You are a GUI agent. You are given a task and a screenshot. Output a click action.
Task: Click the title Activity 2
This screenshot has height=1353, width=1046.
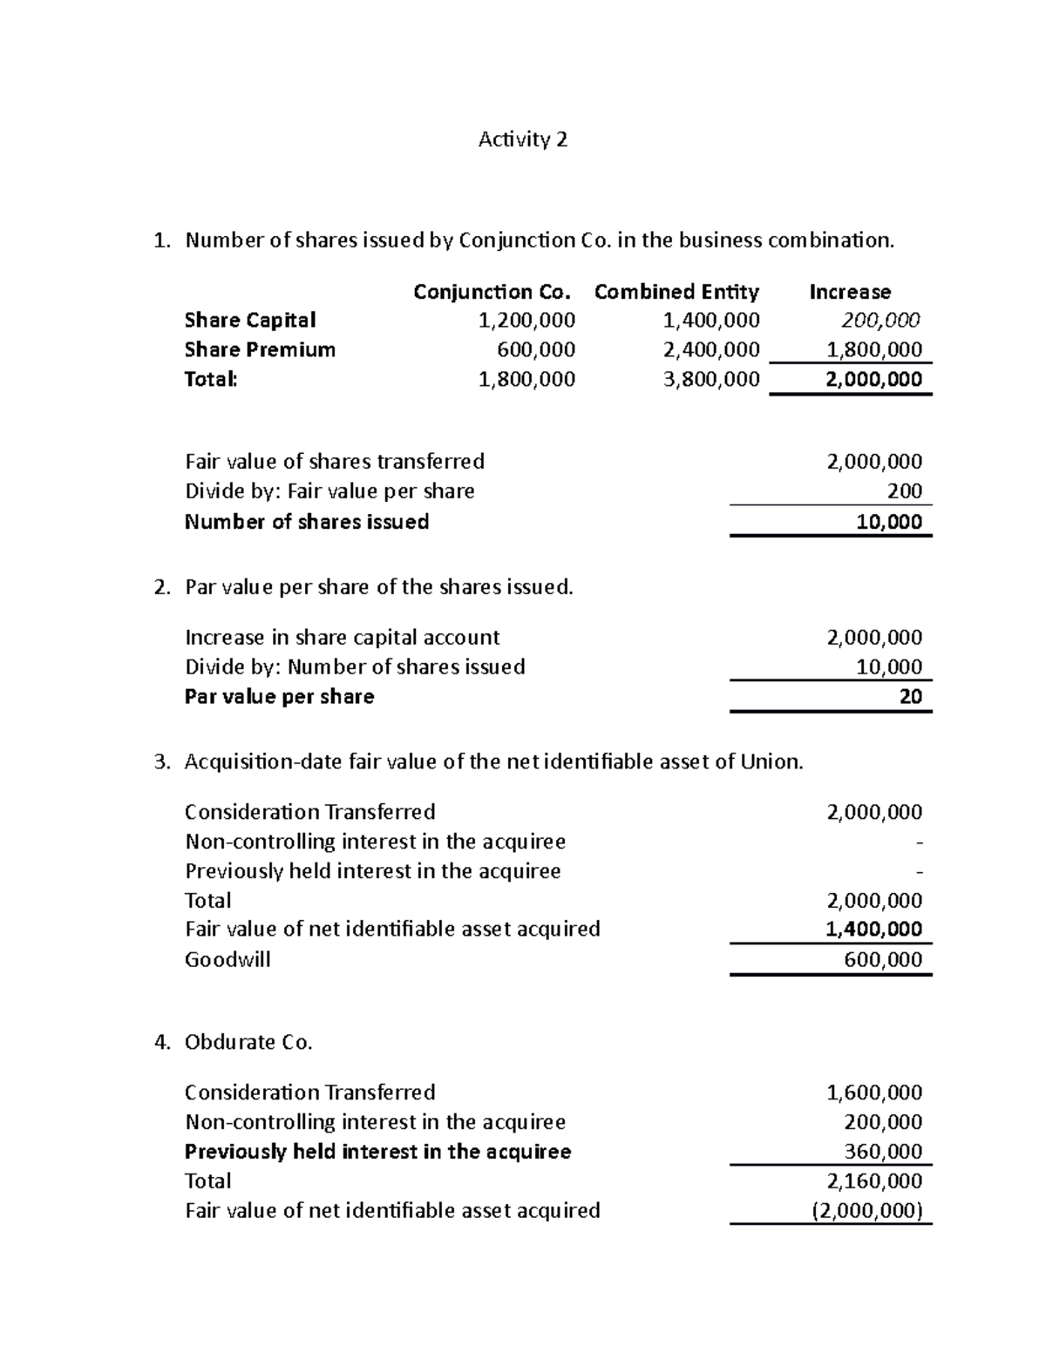click(x=522, y=139)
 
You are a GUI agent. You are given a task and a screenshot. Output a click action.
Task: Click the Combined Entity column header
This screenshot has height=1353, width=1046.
click(x=676, y=292)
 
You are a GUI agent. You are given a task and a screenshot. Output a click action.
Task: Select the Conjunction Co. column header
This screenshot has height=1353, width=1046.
click(x=492, y=292)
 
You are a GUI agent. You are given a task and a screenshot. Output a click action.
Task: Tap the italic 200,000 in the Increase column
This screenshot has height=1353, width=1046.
click(x=880, y=321)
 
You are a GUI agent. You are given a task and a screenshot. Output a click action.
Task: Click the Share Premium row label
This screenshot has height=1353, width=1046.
click(x=260, y=350)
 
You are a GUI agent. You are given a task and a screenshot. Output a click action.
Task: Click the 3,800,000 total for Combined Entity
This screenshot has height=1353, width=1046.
click(x=711, y=379)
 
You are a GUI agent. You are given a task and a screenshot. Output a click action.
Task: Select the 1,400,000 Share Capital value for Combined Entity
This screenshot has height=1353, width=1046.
click(x=711, y=321)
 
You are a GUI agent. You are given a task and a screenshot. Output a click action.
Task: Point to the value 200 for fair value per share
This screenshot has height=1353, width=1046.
click(x=904, y=491)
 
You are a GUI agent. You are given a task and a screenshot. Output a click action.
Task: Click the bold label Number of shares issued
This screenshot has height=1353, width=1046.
click(x=307, y=522)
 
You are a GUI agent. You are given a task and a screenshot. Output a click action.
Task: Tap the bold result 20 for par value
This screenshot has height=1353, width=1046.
click(x=910, y=696)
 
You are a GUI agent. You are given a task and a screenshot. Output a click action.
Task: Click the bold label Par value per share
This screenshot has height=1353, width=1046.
click(x=279, y=697)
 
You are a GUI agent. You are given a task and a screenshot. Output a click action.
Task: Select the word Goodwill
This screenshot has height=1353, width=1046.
click(x=228, y=959)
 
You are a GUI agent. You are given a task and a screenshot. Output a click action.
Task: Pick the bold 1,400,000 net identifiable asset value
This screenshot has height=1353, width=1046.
click(x=873, y=929)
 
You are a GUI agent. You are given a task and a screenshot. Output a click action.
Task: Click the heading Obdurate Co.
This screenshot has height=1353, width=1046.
click(x=248, y=1042)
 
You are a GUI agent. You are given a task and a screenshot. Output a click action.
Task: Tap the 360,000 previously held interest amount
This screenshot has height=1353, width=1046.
click(x=883, y=1152)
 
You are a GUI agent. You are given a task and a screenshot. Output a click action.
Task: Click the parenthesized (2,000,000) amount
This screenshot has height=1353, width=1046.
click(x=866, y=1211)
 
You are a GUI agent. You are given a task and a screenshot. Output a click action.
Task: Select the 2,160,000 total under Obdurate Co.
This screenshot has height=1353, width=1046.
click(x=873, y=1181)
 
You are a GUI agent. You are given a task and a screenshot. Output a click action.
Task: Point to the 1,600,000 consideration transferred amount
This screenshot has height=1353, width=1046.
click(x=873, y=1093)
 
